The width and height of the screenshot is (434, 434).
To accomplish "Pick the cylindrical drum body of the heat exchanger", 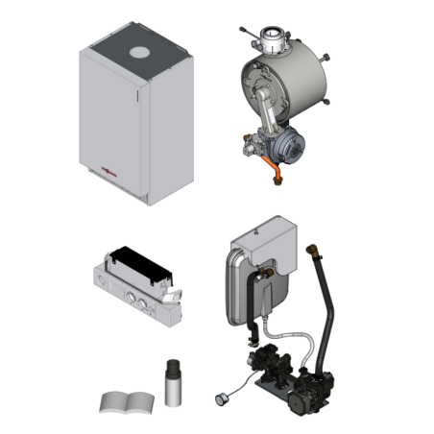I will [305, 86].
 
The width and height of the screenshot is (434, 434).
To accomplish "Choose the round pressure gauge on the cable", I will [222, 392].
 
